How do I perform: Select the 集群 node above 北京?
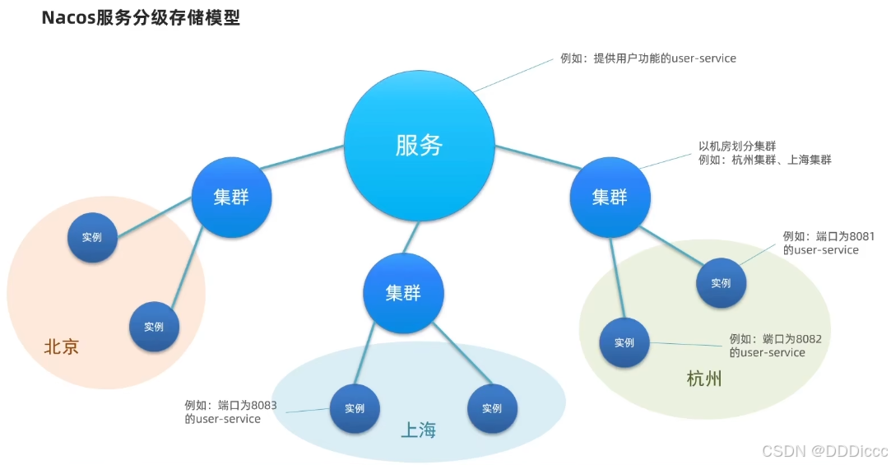[231, 198]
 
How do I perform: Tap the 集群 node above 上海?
[403, 293]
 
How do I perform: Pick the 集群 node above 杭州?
[610, 198]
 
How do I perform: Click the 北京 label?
[62, 347]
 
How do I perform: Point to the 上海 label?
[418, 430]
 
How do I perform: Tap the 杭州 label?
[704, 379]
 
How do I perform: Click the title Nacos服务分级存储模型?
[141, 18]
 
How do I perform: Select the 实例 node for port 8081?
[721, 283]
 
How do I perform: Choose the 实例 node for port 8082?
[624, 342]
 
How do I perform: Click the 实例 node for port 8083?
[355, 408]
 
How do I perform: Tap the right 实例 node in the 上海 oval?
[492, 408]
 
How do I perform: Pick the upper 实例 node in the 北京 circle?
[92, 237]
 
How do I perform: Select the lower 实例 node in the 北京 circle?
[154, 327]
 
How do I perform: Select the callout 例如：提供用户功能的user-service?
[648, 59]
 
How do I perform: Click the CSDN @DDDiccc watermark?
[824, 451]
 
